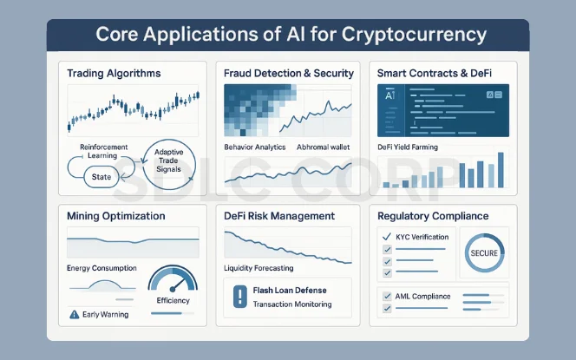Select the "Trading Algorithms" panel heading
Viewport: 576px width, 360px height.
click(x=114, y=73)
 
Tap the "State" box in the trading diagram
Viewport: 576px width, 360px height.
click(x=101, y=177)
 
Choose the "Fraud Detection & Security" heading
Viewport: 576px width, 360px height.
click(x=288, y=74)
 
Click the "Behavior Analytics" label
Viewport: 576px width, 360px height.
click(x=255, y=147)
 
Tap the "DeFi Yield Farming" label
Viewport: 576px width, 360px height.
click(x=408, y=147)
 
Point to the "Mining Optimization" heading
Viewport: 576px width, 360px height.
click(x=116, y=215)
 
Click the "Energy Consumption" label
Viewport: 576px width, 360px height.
click(x=101, y=268)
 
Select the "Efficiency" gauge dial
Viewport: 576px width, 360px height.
click(x=173, y=285)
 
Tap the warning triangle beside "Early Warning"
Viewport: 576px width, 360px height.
click(x=74, y=313)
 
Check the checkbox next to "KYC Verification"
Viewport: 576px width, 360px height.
click(x=387, y=237)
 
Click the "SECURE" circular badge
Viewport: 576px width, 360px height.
click(x=482, y=252)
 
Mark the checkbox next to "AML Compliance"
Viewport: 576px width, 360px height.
click(x=387, y=297)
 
